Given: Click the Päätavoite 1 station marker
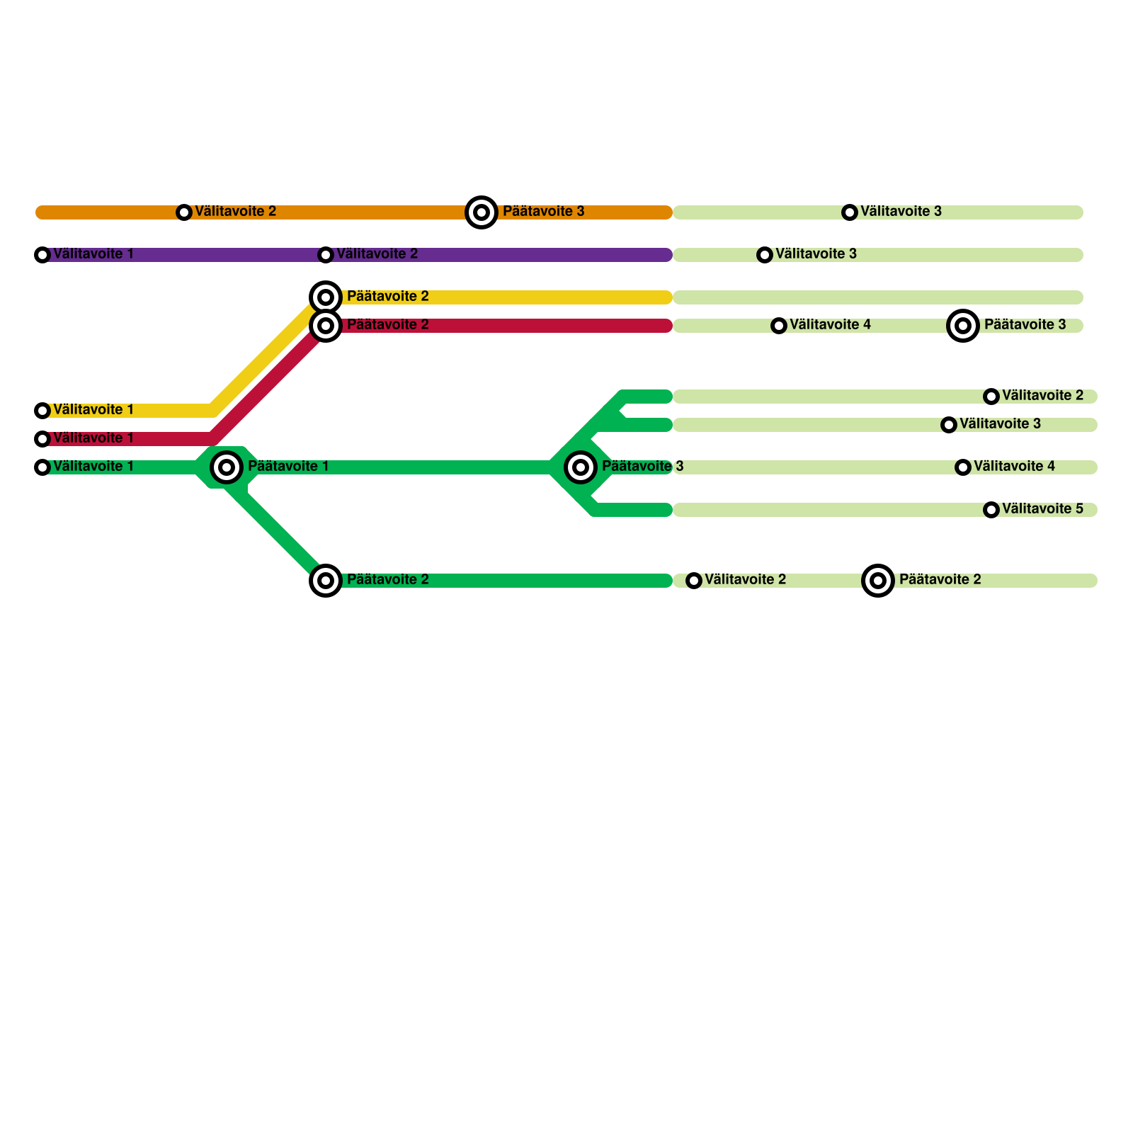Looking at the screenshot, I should point(227,467).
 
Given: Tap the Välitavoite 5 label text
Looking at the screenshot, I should point(1042,508).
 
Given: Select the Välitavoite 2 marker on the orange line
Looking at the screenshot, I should point(184,212).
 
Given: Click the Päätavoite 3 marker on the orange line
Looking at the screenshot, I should point(482,212).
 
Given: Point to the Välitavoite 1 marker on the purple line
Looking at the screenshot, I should point(42,255).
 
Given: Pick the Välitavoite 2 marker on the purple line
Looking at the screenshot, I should point(326,255).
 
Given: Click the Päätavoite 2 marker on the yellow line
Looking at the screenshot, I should point(326,297).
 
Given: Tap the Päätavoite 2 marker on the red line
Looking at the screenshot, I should point(326,326).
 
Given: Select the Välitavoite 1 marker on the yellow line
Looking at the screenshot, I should point(42,411).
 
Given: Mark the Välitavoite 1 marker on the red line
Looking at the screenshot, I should point(42,439).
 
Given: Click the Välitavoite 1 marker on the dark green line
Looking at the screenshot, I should point(42,467).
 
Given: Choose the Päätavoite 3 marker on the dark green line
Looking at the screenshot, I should point(581,467).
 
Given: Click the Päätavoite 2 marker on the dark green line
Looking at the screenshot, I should point(326,581).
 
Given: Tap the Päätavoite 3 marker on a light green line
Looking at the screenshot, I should point(963,326).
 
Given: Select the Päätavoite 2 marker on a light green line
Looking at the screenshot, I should point(878,581).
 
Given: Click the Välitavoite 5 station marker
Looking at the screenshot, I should point(991,510).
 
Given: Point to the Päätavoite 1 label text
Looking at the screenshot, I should point(288,466).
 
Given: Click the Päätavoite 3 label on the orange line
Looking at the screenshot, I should point(543,211).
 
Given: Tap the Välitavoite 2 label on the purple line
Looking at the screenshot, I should point(377,254).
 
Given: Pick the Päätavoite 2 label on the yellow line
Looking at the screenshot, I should point(387,296).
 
